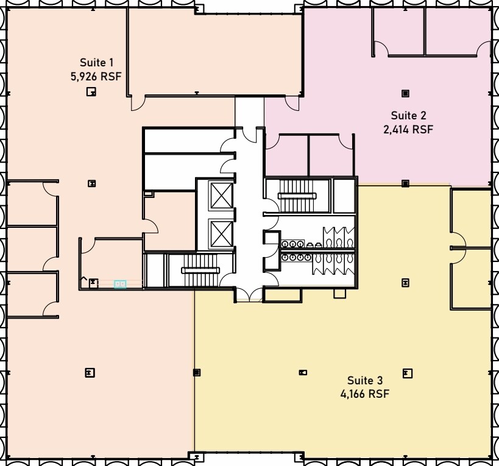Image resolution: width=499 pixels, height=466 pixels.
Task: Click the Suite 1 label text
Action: click(96, 62)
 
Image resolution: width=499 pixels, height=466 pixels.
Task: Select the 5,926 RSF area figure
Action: click(96, 76)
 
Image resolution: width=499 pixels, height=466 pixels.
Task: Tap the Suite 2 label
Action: click(408, 115)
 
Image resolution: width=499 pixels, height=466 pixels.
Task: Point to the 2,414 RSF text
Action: click(408, 130)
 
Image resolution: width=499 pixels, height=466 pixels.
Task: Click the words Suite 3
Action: click(365, 380)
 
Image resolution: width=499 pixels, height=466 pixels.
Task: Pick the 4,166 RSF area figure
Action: click(365, 394)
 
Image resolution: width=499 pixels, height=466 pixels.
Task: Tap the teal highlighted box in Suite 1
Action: click(120, 284)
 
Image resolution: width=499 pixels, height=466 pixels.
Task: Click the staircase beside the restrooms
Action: click(297, 196)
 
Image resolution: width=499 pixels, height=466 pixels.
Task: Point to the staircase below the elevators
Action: click(200, 270)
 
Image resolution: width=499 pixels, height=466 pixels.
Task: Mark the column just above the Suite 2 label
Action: click(405, 94)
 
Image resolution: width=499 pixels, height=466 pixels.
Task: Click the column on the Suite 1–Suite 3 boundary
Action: click(197, 372)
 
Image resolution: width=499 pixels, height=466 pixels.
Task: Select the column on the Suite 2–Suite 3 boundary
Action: click(405, 183)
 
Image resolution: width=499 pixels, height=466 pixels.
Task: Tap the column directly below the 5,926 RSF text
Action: click(91, 91)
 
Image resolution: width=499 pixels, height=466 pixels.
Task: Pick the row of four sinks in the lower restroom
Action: click(297, 256)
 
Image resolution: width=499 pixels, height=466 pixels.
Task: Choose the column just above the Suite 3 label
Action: click(408, 373)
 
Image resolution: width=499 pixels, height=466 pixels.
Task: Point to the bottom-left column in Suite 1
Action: click(90, 372)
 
